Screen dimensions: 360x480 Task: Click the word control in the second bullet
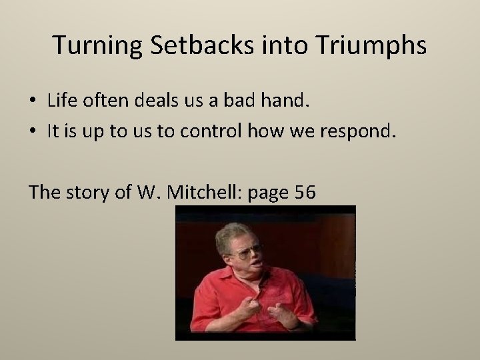215,131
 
